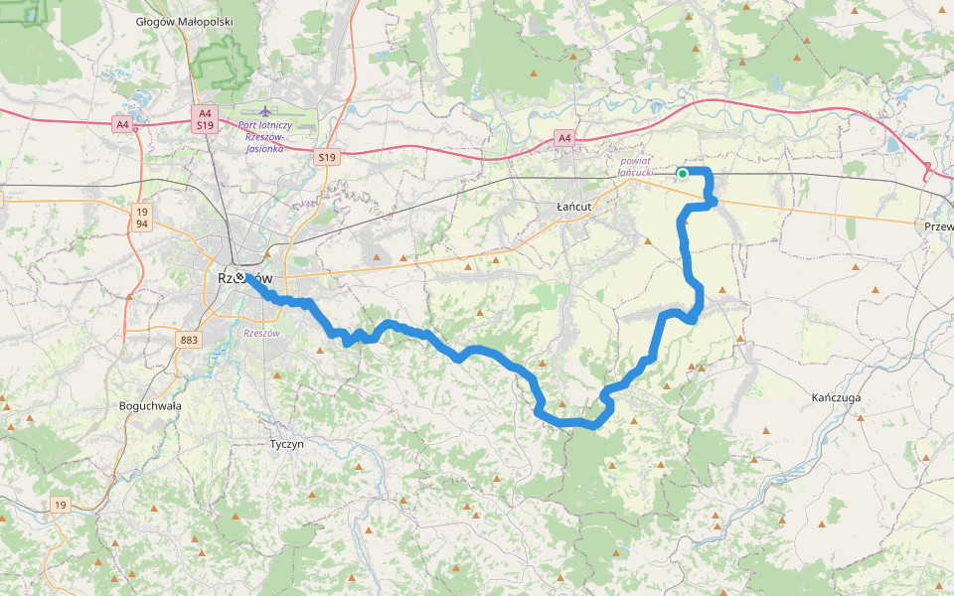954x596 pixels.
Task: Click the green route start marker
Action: (x=683, y=174)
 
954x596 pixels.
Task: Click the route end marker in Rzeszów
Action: (x=239, y=277)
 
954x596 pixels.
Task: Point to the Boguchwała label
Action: (x=148, y=405)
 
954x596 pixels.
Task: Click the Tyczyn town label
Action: (x=287, y=444)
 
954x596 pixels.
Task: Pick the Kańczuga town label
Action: (x=836, y=397)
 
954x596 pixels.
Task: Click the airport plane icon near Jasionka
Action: (x=264, y=110)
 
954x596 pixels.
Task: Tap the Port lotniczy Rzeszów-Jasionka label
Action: (x=265, y=136)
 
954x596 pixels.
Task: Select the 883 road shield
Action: (x=189, y=340)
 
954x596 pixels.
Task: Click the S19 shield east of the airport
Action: (x=327, y=157)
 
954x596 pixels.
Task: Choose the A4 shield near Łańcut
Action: (x=564, y=138)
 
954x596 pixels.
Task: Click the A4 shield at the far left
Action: (x=122, y=124)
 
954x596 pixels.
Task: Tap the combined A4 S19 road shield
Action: (x=205, y=120)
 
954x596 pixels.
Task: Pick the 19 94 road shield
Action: (x=142, y=218)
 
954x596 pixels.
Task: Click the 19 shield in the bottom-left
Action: (x=61, y=506)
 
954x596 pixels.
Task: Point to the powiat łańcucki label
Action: (x=635, y=166)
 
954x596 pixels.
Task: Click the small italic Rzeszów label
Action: (x=262, y=333)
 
